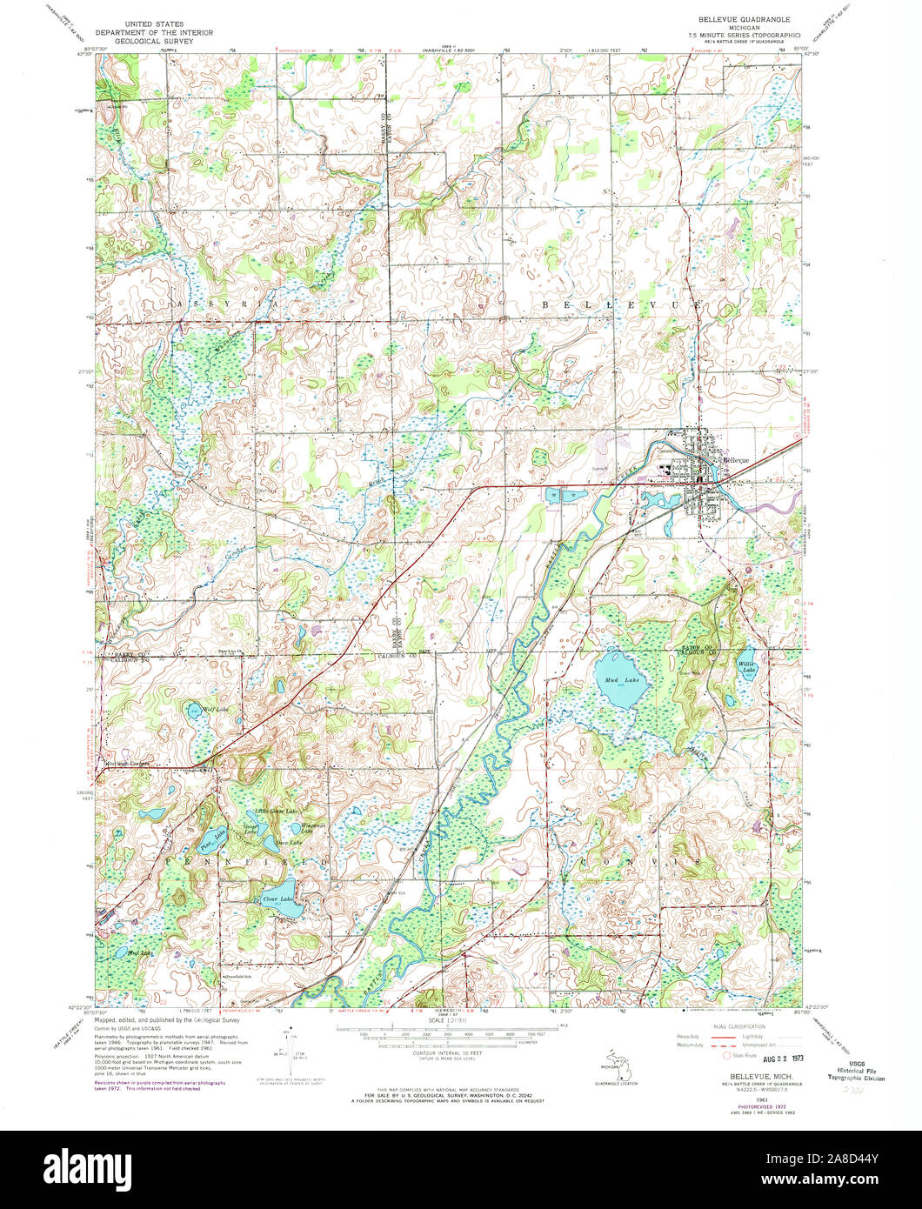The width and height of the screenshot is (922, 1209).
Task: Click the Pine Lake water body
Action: click(x=211, y=841)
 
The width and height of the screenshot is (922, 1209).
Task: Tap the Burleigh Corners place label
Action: click(x=129, y=764)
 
